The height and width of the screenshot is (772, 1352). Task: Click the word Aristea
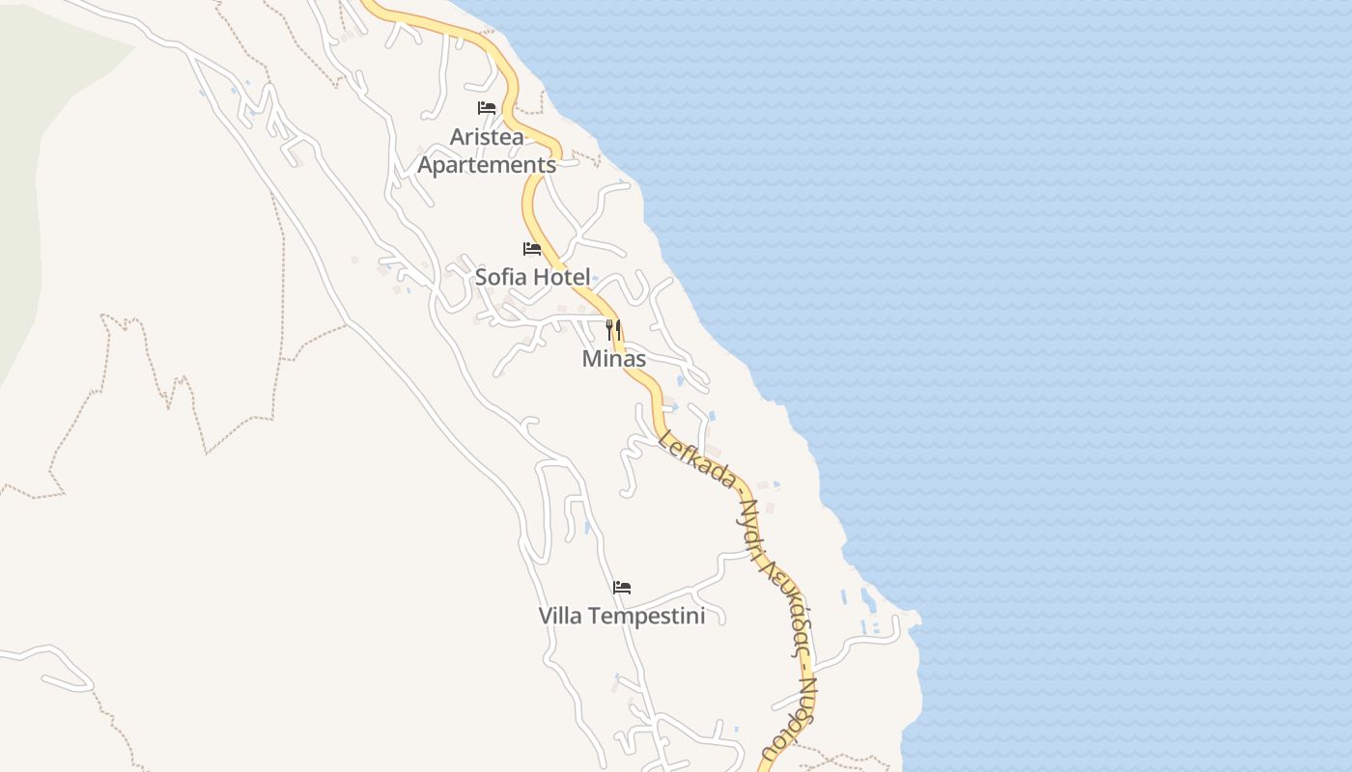click(x=487, y=137)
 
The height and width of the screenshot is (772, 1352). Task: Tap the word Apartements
click(x=487, y=165)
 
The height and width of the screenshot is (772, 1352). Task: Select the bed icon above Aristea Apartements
click(x=487, y=108)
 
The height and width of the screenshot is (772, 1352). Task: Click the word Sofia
click(x=501, y=277)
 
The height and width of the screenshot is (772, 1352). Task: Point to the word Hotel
click(x=560, y=277)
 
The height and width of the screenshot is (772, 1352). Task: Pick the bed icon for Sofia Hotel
click(x=532, y=249)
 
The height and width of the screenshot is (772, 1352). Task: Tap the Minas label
click(x=614, y=359)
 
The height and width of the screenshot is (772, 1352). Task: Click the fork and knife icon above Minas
click(x=613, y=330)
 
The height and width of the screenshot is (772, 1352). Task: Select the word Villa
click(x=560, y=616)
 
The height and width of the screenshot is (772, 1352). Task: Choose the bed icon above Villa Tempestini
click(x=622, y=587)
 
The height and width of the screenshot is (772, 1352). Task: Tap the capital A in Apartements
click(x=425, y=165)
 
